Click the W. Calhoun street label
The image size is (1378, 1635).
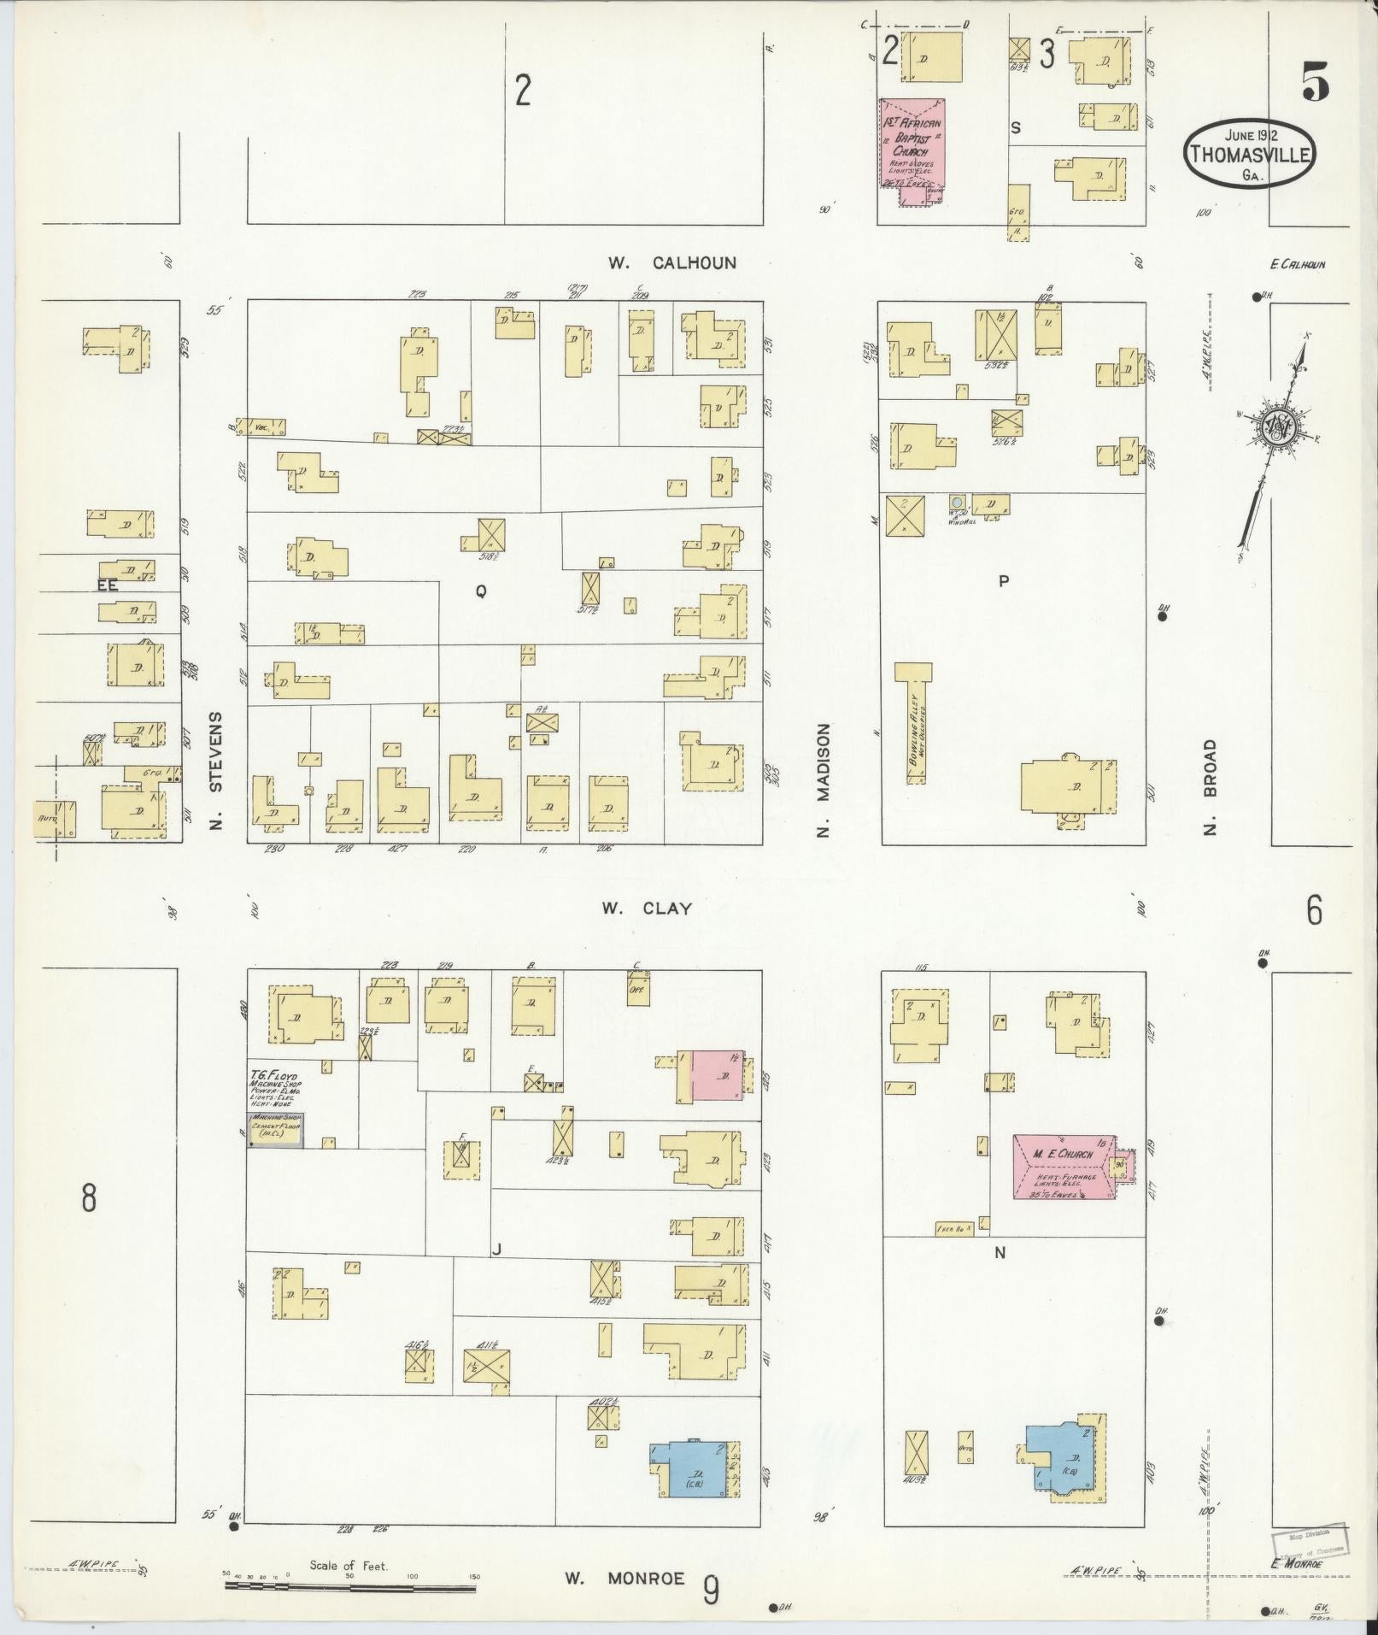tap(671, 262)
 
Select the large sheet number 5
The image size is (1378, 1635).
tap(1315, 83)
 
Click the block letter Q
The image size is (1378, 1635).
tap(481, 591)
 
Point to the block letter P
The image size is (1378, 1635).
tap(1004, 581)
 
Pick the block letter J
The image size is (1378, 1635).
tap(495, 1250)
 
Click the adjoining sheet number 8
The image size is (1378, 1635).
tap(89, 1199)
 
